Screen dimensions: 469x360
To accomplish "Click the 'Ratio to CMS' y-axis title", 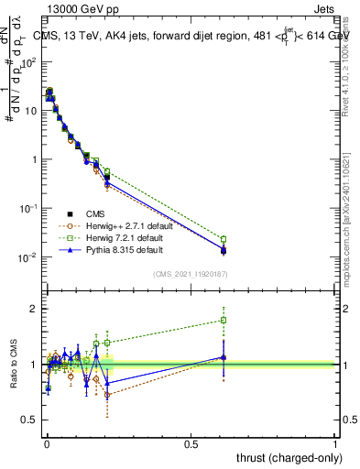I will [14, 365].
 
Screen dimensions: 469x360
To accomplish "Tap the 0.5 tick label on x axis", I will [191, 444].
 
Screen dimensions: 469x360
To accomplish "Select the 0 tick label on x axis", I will [47, 444].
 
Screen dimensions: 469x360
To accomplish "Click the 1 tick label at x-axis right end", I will [335, 444].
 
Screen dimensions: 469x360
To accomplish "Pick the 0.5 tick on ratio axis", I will [33, 420].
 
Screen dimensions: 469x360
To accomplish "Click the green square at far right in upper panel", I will [224, 239].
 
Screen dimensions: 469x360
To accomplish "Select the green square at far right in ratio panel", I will [224, 321].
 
